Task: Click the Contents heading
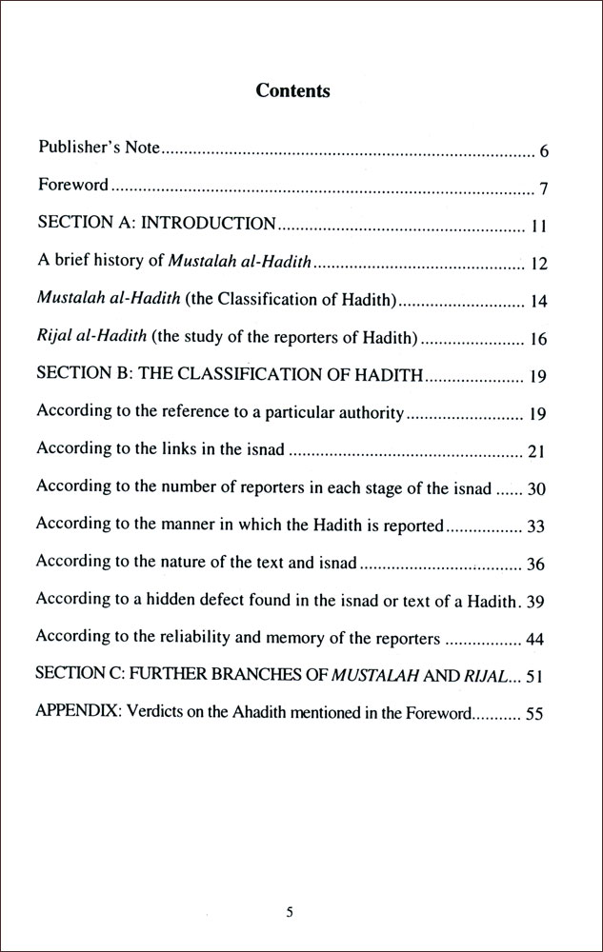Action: (292, 91)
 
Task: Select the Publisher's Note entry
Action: (98, 149)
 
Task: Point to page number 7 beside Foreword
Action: (544, 189)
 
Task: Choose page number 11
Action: (537, 228)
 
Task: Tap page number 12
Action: (538, 265)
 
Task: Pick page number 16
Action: (538, 340)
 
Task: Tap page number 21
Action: (537, 450)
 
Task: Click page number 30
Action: (536, 489)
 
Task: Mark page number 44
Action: (536, 640)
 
